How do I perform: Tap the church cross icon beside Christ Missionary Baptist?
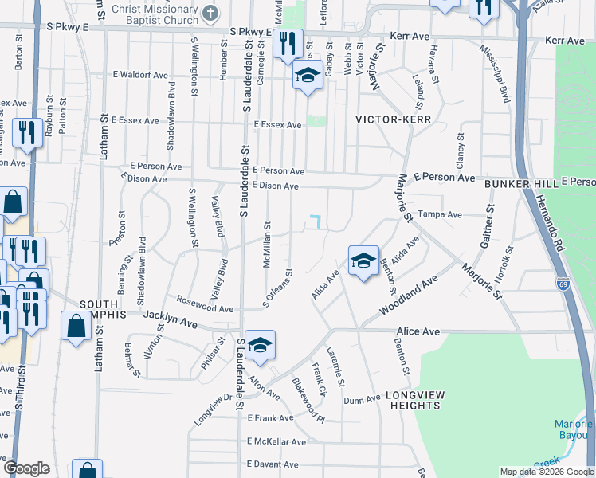[210, 14]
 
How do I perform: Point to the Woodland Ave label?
[409, 294]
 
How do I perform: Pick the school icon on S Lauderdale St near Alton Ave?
[260, 346]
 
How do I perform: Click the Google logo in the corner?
[26, 468]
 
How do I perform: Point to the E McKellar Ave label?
[276, 441]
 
